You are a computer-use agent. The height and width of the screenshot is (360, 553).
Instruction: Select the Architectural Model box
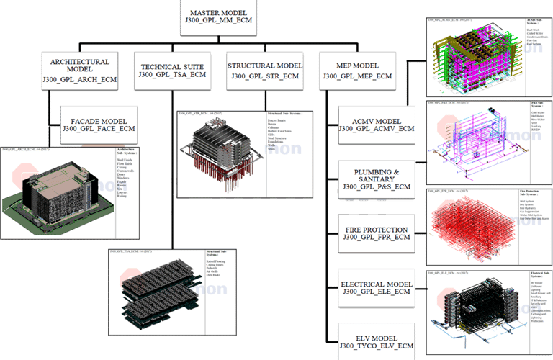pos(76,68)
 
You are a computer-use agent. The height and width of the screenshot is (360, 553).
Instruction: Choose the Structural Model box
pos(264,69)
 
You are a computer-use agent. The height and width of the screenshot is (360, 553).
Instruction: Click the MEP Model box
pos(357,69)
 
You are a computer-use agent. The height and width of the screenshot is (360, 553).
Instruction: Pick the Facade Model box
pos(99,122)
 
